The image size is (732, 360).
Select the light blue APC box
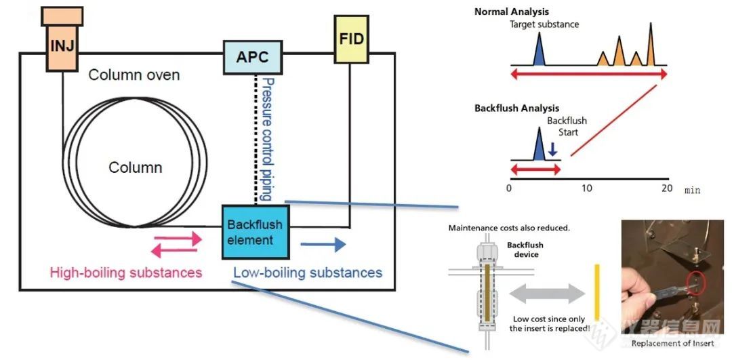click(x=253, y=57)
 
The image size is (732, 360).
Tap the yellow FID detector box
click(x=352, y=39)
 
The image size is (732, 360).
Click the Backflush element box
click(x=256, y=232)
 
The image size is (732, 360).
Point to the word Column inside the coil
click(x=136, y=167)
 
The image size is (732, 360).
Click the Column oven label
click(x=134, y=75)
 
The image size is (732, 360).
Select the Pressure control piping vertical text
click(x=266, y=139)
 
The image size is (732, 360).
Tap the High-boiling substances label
click(x=126, y=273)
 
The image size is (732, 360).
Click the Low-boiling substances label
click(x=308, y=273)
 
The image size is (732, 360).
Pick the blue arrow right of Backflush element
click(x=323, y=244)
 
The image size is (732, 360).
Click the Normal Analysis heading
click(x=512, y=12)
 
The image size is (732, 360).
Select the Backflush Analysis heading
click(x=516, y=108)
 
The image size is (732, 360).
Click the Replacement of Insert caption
click(x=672, y=344)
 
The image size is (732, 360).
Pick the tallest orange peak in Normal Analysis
click(x=650, y=44)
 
